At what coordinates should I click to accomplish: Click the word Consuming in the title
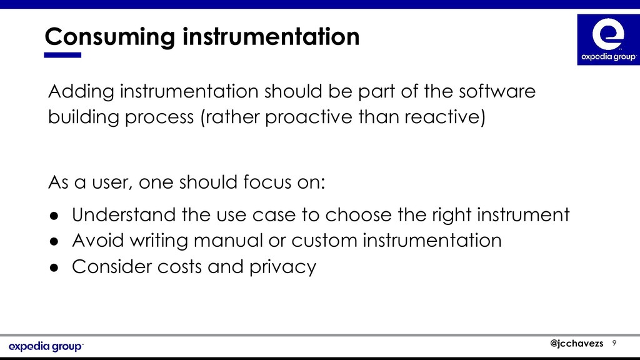110,37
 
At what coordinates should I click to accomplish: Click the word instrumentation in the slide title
271,36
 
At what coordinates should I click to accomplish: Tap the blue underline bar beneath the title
62,55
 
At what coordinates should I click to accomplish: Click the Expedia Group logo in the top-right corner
608,39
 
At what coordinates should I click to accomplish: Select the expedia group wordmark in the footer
46,346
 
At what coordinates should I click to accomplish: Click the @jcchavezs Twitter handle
576,343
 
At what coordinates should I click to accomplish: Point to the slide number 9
614,343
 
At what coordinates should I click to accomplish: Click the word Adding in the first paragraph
81,91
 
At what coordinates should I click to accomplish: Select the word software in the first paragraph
497,91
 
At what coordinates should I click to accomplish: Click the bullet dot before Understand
54,216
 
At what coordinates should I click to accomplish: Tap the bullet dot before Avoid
54,241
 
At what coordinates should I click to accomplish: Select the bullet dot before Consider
54,267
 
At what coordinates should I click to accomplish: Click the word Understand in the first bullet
124,215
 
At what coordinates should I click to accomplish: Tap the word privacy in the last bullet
282,267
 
